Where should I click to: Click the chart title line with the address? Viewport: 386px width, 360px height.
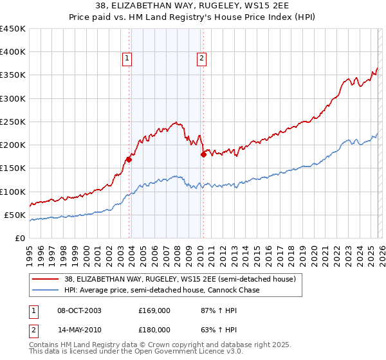pyautogui.click(x=193, y=6)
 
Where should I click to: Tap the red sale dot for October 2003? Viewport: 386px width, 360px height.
pyautogui.click(x=129, y=159)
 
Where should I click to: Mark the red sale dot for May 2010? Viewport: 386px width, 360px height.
pyautogui.click(x=203, y=154)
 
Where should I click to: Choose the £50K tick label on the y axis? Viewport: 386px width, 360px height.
pyautogui.click(x=15, y=215)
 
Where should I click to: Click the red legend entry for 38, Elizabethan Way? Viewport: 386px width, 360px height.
pyautogui.click(x=179, y=279)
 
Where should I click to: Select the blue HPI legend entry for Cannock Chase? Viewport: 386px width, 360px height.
pyautogui.click(x=161, y=290)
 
